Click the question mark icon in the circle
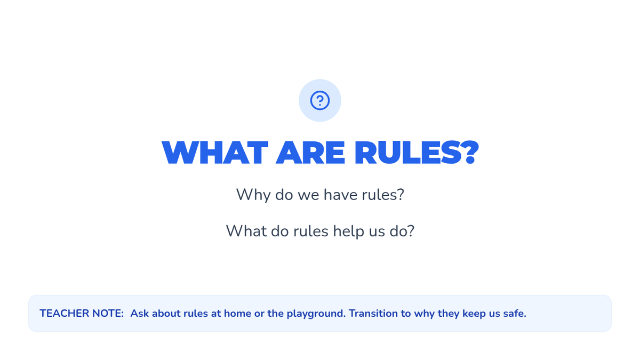point(319,100)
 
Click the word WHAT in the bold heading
point(215,153)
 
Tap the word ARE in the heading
point(310,153)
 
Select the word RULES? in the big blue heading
point(417,153)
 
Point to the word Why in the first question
point(253,195)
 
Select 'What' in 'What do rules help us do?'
point(246,231)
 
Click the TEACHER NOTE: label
point(82,314)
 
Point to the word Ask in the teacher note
point(139,314)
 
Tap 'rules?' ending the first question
point(383,195)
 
